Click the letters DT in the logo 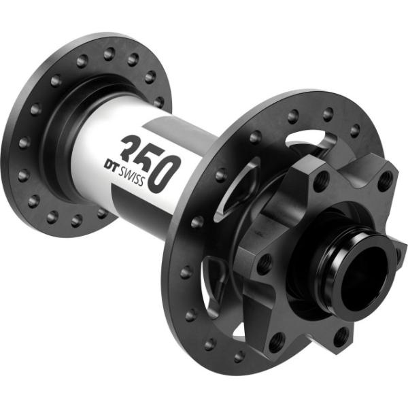[x=114, y=165]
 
